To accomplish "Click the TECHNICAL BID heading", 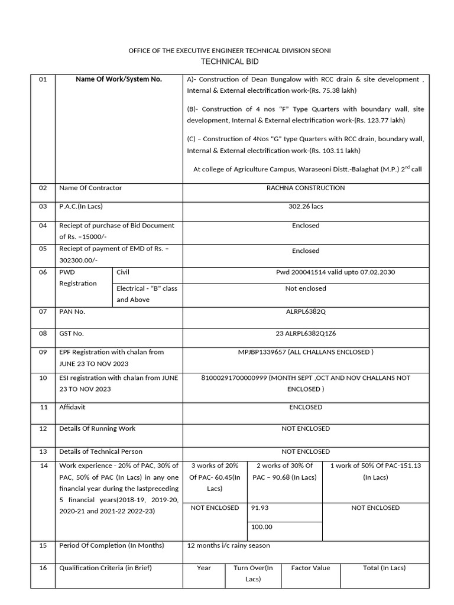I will (229, 62).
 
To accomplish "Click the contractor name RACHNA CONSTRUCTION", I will (306, 188).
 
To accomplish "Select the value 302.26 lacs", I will (306, 206).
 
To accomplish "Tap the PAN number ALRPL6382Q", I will (306, 311).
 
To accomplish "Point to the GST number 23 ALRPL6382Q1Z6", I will (306, 333).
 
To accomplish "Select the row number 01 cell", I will (43, 79).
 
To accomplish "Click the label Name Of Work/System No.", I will (119, 79).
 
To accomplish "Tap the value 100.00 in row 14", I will (262, 527).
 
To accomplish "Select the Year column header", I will (204, 568).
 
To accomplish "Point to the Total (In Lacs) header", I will (384, 568).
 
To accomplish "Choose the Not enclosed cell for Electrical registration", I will (306, 288).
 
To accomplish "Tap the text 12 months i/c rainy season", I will (228, 545).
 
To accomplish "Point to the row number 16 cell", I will (43, 568).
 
